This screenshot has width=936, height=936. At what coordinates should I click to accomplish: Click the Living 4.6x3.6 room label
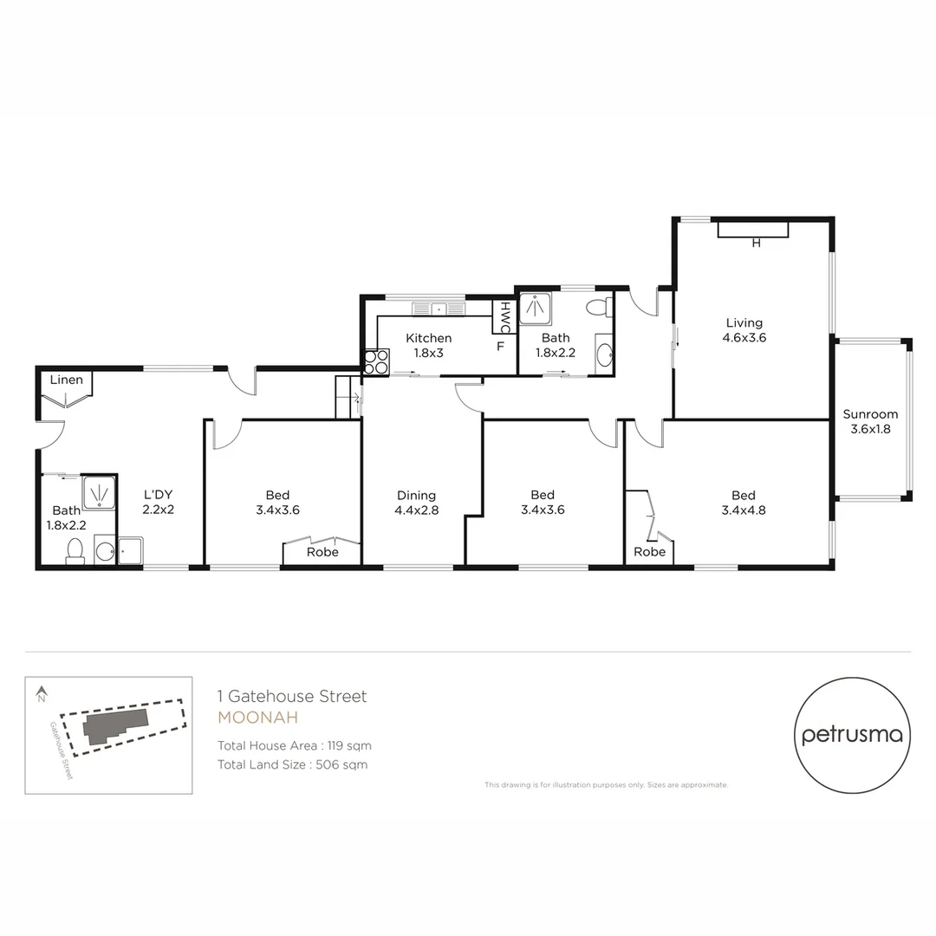(744, 330)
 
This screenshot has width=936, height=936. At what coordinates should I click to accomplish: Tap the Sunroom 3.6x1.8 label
(870, 421)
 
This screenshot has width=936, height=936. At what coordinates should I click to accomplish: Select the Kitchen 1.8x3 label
(428, 345)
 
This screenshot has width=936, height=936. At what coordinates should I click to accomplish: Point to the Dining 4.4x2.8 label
(416, 503)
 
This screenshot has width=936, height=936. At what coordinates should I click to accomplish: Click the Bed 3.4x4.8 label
(743, 503)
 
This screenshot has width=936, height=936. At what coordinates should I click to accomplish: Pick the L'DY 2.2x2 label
(159, 503)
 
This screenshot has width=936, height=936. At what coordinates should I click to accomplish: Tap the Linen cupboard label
(66, 380)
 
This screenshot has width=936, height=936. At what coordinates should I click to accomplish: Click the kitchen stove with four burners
(376, 361)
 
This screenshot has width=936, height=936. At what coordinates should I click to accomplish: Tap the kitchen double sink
(439, 309)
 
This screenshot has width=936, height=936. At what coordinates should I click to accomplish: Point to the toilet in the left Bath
(75, 551)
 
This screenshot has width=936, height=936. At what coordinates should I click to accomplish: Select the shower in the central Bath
(535, 309)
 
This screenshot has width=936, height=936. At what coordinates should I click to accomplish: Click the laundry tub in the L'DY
(131, 550)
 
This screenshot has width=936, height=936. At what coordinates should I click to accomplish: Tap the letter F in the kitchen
(500, 347)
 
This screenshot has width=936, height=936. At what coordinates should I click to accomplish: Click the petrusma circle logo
(852, 735)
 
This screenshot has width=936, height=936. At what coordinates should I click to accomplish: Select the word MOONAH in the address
(257, 718)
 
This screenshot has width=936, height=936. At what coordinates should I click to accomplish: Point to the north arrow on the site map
(41, 693)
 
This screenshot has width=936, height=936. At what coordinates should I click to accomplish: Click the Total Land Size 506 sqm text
(292, 764)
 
